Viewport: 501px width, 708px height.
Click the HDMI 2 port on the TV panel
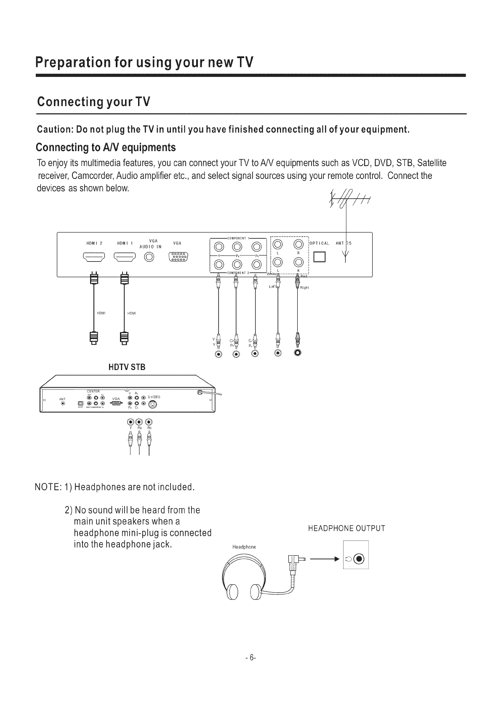click(x=95, y=257)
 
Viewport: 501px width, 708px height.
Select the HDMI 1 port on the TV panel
click(x=125, y=257)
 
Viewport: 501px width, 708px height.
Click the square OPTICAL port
click(x=322, y=256)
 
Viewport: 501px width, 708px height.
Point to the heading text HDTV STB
click(x=127, y=367)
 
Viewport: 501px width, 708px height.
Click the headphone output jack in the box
click(x=359, y=559)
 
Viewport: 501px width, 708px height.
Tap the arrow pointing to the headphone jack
click(x=324, y=560)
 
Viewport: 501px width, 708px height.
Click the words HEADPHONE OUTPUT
click(x=346, y=528)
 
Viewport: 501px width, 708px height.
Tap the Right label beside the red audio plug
click(x=305, y=288)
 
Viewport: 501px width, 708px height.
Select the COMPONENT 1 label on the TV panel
click(x=238, y=238)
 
